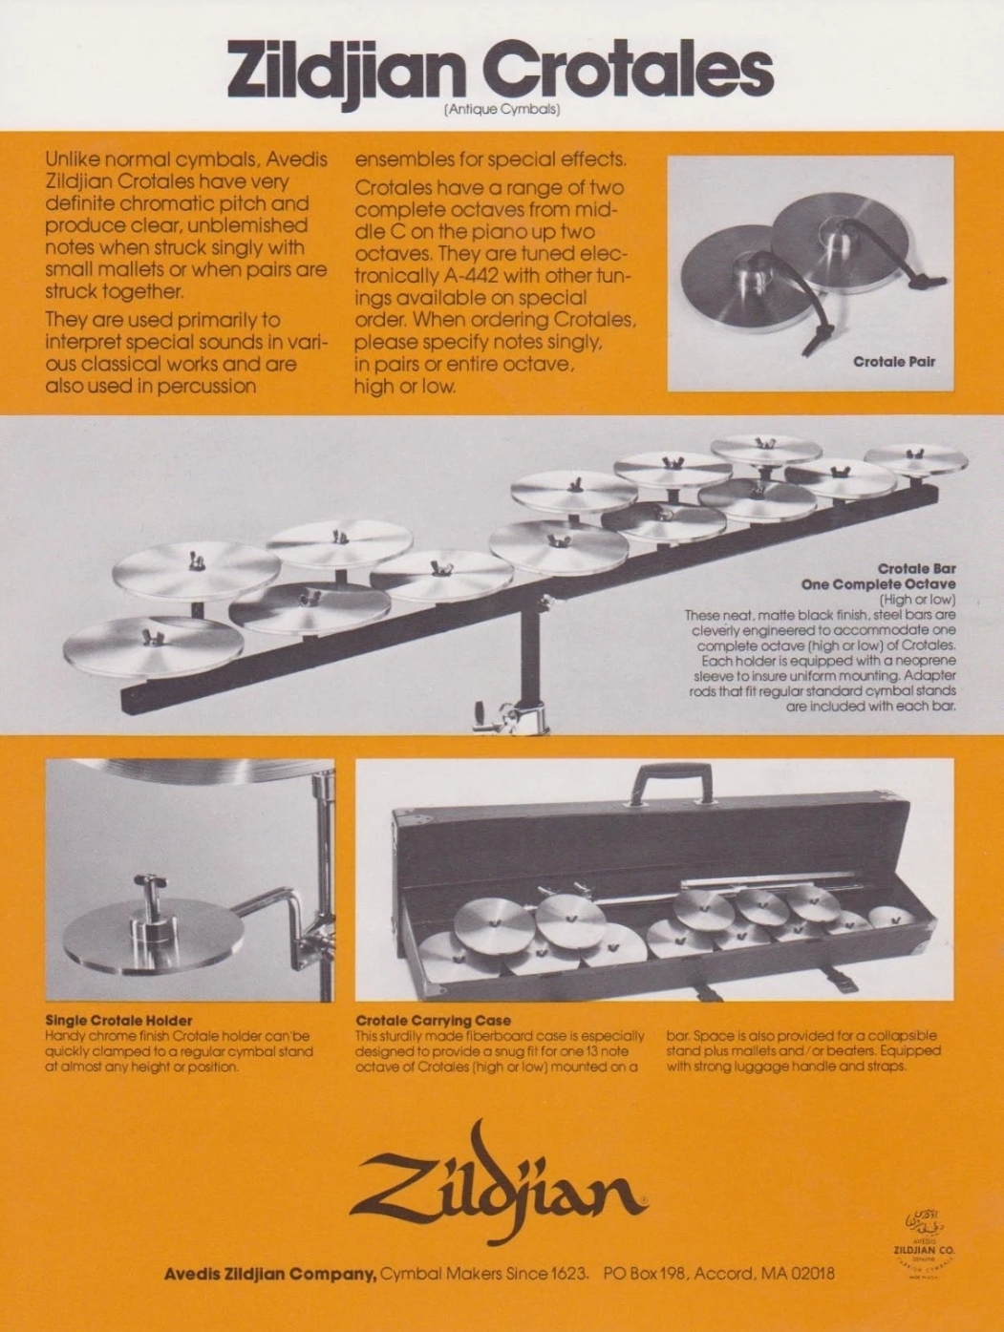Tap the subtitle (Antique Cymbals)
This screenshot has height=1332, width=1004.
coord(502,111)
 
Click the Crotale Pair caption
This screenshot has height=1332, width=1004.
coord(894,362)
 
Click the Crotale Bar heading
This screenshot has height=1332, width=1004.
coord(916,569)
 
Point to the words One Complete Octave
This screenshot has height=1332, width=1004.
coord(878,584)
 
